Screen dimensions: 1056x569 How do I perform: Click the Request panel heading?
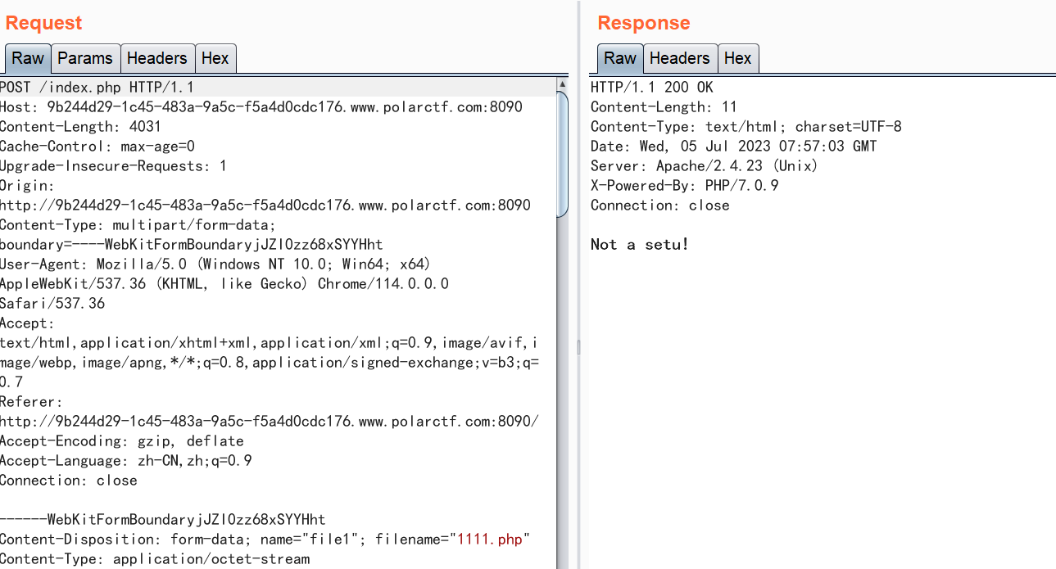[x=43, y=23]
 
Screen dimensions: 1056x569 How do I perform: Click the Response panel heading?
[x=643, y=23]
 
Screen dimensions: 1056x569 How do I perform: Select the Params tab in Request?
[x=85, y=58]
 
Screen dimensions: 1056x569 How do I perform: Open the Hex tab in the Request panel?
[x=215, y=58]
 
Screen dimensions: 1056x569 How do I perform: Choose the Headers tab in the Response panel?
[x=679, y=58]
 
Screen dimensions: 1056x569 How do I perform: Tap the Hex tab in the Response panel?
[x=737, y=58]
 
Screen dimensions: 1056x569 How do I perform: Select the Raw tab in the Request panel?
[x=27, y=58]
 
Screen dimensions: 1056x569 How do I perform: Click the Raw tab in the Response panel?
[x=619, y=58]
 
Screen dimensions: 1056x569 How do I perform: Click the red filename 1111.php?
[x=491, y=540]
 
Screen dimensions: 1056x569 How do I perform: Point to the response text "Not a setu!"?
[x=640, y=245]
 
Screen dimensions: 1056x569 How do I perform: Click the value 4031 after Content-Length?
[x=145, y=127]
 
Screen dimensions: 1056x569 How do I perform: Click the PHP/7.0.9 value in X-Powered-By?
[x=741, y=186]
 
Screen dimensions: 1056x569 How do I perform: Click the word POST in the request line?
[x=16, y=88]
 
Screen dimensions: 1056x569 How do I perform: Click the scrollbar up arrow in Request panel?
[x=562, y=84]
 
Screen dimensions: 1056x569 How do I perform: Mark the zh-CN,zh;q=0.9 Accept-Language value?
[x=194, y=461]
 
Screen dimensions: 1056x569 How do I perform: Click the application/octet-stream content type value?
[x=211, y=559]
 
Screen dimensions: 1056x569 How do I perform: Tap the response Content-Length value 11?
[x=729, y=107]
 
